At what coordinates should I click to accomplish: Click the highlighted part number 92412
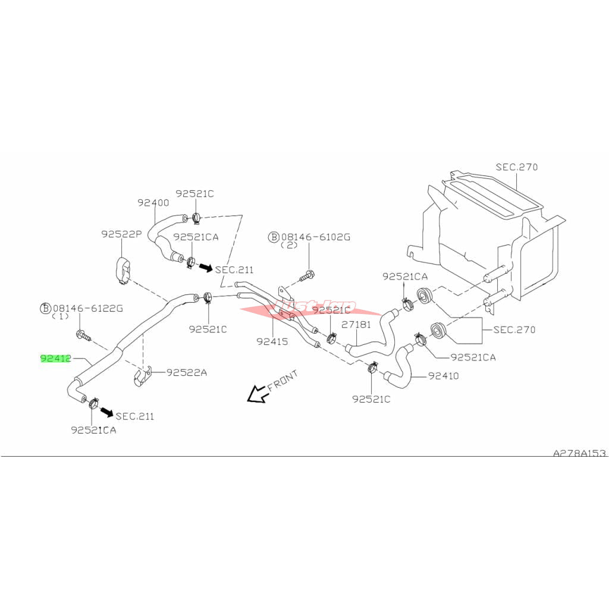click(56, 359)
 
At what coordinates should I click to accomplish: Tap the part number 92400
click(153, 202)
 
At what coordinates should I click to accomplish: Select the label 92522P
click(121, 234)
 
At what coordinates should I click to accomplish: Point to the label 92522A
click(186, 372)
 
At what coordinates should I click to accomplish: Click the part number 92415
click(272, 341)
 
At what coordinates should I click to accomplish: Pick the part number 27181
click(356, 325)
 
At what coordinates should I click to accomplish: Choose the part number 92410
click(443, 376)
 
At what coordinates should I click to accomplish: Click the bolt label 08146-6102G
click(316, 237)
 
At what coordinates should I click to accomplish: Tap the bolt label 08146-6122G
click(87, 308)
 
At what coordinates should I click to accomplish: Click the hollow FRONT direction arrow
click(256, 393)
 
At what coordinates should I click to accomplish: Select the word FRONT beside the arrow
click(282, 379)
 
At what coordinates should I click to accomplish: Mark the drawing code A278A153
click(579, 453)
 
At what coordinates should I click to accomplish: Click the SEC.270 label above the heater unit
click(516, 167)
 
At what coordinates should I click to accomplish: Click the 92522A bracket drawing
click(141, 377)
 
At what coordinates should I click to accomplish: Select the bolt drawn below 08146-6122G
click(83, 335)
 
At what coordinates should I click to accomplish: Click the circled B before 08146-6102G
click(274, 237)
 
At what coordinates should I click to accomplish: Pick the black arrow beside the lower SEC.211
click(106, 411)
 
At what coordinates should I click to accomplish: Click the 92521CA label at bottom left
click(93, 429)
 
